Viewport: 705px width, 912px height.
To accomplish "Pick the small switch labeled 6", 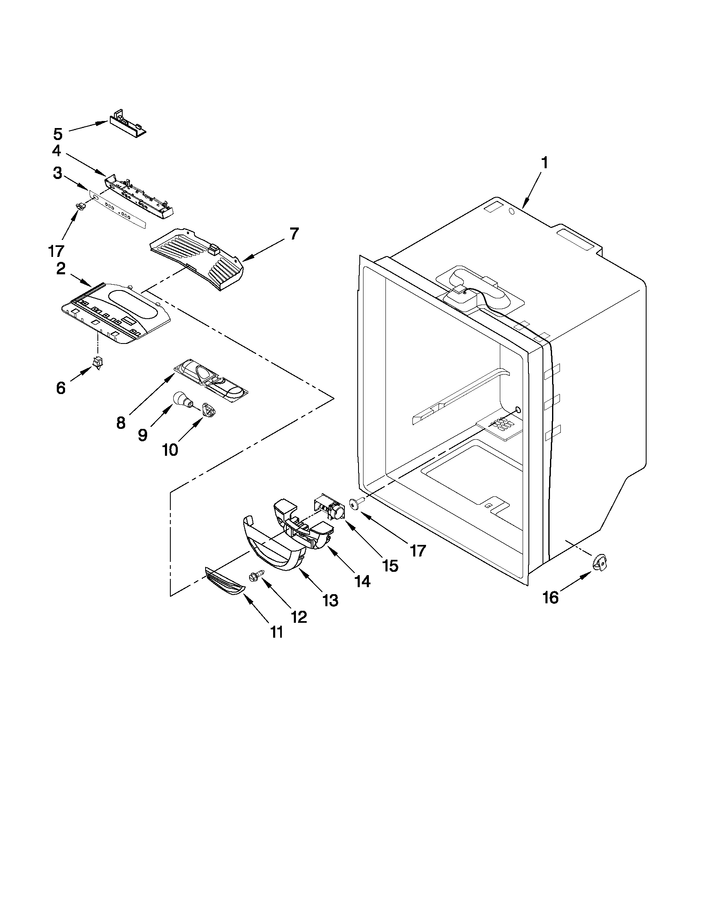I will [98, 363].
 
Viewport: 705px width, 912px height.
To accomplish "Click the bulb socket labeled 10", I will [208, 409].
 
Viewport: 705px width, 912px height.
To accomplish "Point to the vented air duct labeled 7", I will [196, 259].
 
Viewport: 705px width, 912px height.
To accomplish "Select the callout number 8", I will [121, 423].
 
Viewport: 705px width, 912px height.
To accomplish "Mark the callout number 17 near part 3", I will [56, 251].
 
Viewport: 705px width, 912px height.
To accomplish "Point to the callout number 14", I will [362, 581].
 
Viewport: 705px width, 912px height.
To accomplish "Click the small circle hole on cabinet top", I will [511, 213].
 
